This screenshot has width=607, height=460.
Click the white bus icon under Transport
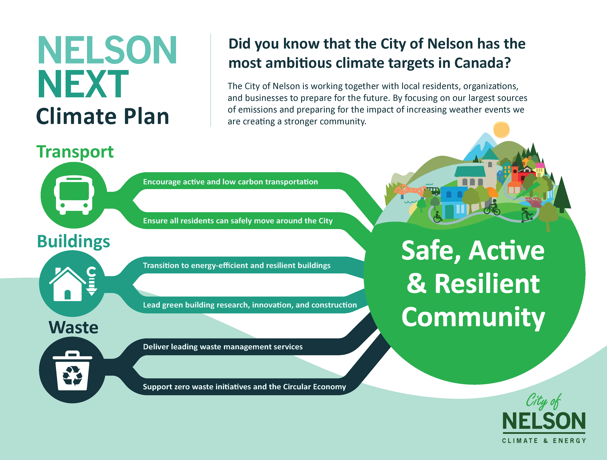(x=74, y=195)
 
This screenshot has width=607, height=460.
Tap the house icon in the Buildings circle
(x=67, y=284)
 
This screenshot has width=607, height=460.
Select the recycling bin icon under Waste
(x=73, y=371)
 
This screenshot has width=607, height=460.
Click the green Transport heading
(x=75, y=152)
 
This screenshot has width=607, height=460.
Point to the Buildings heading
(x=74, y=242)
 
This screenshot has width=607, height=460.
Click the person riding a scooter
(x=526, y=215)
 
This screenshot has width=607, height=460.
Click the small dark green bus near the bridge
(x=433, y=190)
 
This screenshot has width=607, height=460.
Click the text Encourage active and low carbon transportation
(x=230, y=182)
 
